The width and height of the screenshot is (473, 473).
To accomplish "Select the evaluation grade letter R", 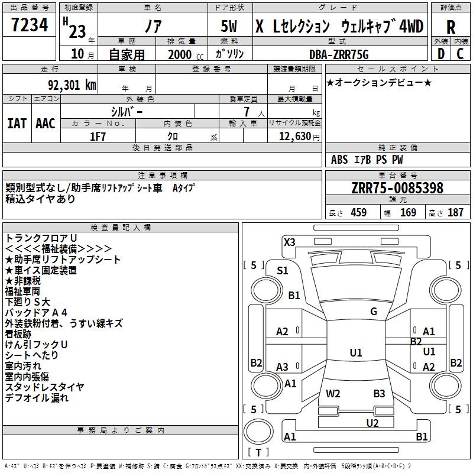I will (x=451, y=27).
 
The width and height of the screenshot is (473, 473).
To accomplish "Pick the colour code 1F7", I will (x=98, y=135).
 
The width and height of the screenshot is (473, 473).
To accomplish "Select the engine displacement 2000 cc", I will (x=180, y=55).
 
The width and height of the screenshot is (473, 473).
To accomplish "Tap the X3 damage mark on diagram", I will (x=289, y=242).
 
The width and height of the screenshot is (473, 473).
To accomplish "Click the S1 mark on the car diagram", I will (x=283, y=271).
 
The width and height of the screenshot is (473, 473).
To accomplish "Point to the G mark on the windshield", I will (x=373, y=312).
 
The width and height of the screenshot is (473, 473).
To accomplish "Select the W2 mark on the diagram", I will (x=333, y=394).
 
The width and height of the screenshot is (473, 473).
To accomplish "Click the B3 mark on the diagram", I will (x=379, y=394).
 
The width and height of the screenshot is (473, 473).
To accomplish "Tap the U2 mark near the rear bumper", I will (x=372, y=423).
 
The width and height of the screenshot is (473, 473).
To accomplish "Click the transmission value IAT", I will (x=17, y=124).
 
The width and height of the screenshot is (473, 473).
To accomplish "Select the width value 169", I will (x=408, y=213).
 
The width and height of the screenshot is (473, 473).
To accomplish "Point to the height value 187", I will (x=455, y=213).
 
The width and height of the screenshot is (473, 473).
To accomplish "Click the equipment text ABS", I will (x=339, y=160).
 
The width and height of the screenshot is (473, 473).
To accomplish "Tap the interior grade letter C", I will (x=460, y=53).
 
